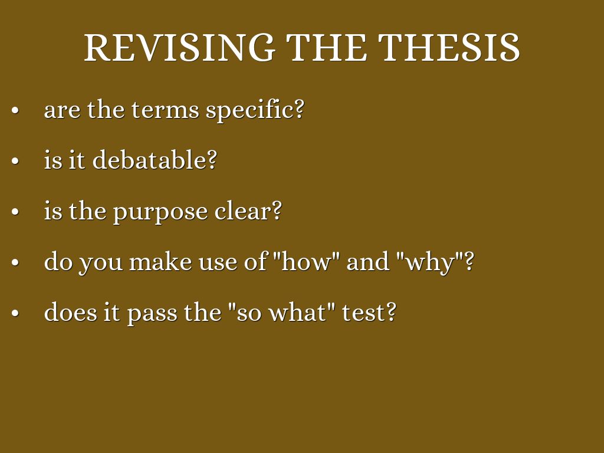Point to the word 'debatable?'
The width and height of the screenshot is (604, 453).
[155, 160]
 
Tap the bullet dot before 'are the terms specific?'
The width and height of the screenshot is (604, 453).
[16, 111]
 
